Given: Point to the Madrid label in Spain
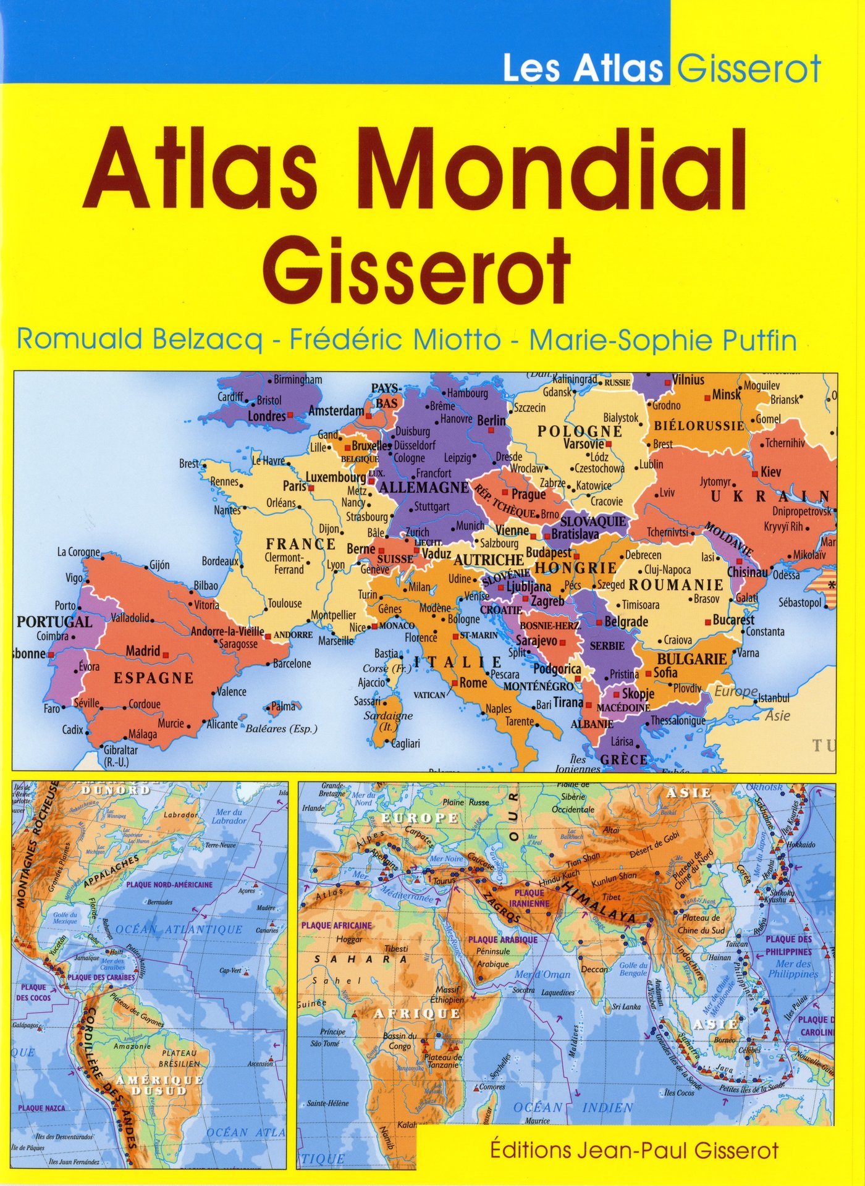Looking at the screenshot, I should point(143,651).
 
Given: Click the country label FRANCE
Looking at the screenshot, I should point(301,544).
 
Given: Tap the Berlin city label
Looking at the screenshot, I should point(491,421).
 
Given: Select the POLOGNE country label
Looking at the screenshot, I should point(579,431).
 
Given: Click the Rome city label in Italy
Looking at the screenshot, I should point(473,683).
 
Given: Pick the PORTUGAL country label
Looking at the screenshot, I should point(54,621).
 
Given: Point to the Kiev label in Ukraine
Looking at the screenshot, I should point(771,472).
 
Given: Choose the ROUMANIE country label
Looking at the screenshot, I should point(675,584).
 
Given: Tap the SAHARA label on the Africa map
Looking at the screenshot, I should point(361,959).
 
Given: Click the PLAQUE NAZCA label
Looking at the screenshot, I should point(41,1108).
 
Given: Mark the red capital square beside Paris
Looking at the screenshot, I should point(312,487).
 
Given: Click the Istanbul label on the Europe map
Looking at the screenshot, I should point(774,698).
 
